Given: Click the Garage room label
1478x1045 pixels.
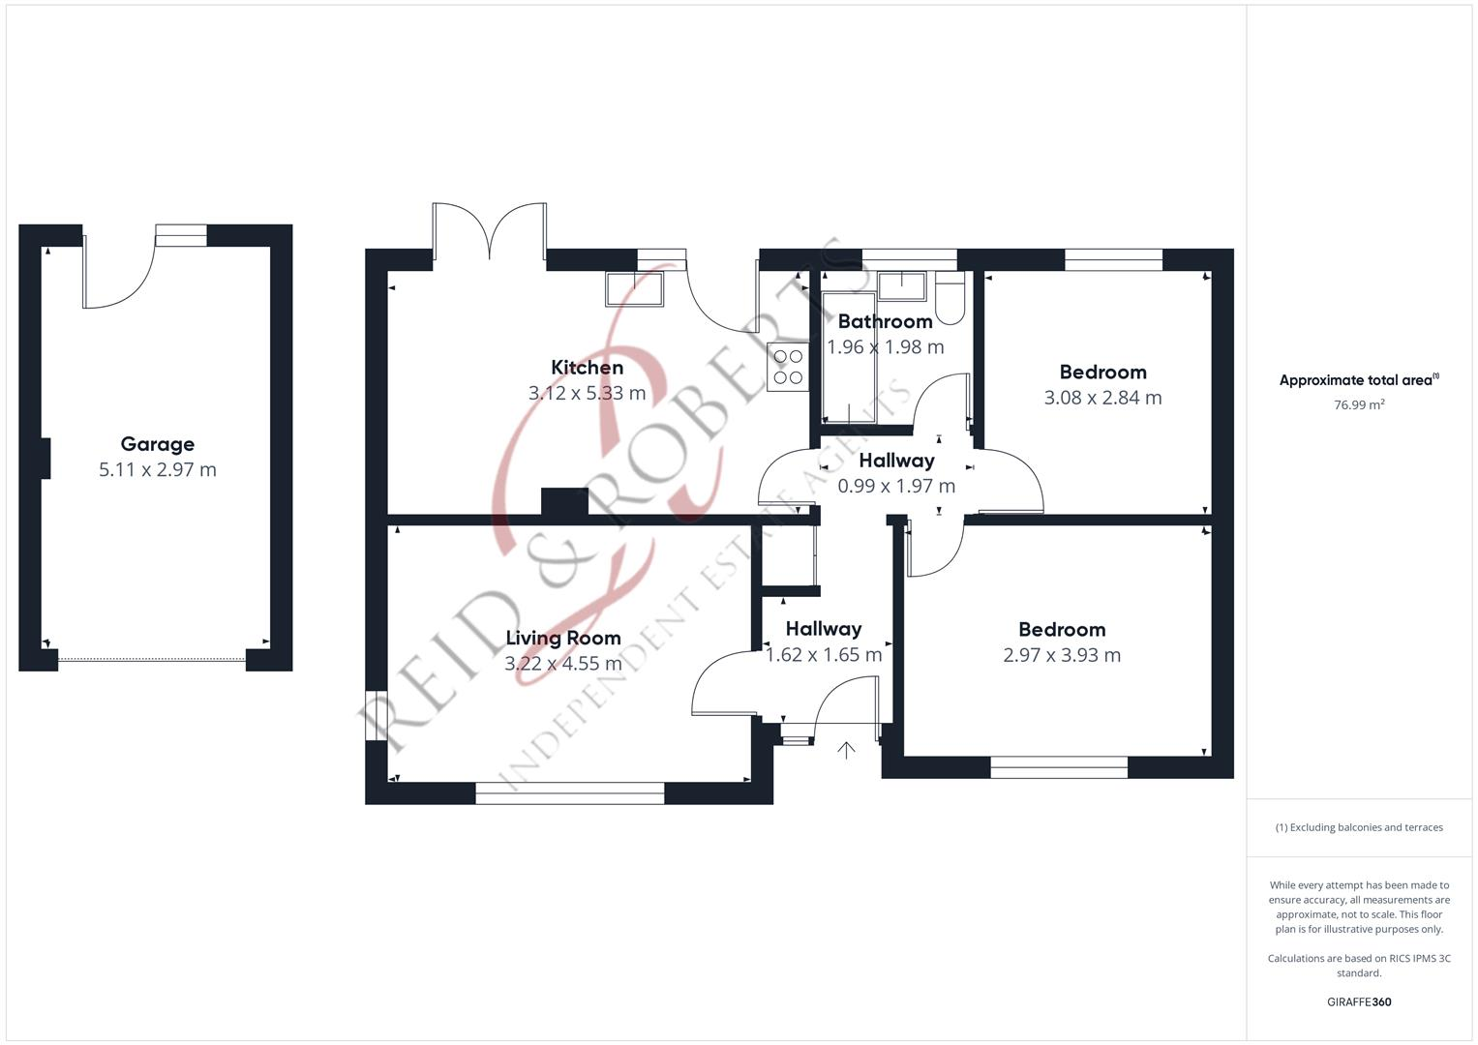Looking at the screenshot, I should tap(157, 444).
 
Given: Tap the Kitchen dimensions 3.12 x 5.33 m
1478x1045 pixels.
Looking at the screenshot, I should tap(587, 393).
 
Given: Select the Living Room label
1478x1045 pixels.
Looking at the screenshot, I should tap(563, 638).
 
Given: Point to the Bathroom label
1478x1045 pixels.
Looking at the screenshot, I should tap(885, 321).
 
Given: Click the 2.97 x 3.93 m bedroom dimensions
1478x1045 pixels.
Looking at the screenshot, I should tap(1062, 655).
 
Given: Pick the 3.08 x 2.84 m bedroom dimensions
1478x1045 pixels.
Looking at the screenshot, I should tap(1102, 398).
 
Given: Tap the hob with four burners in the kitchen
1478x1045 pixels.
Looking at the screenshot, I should tap(787, 367).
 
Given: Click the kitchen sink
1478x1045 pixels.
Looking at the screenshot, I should tap(635, 288).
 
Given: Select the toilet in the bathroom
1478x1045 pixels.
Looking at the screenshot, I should tap(950, 296).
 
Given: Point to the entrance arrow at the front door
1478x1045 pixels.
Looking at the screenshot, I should tap(846, 750).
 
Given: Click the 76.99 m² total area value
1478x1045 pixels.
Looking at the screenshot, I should tap(1359, 405).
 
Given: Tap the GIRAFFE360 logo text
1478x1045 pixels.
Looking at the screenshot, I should tap(1359, 1001).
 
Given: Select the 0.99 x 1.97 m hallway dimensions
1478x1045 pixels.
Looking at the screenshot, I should tap(896, 486).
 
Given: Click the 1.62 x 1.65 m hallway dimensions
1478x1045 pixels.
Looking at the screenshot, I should tap(824, 655).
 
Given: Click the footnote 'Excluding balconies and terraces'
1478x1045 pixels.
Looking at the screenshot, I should tap(1359, 827).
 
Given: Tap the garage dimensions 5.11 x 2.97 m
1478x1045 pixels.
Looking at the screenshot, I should tap(157, 470).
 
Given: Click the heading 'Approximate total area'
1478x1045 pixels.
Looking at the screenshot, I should tap(1358, 380).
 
